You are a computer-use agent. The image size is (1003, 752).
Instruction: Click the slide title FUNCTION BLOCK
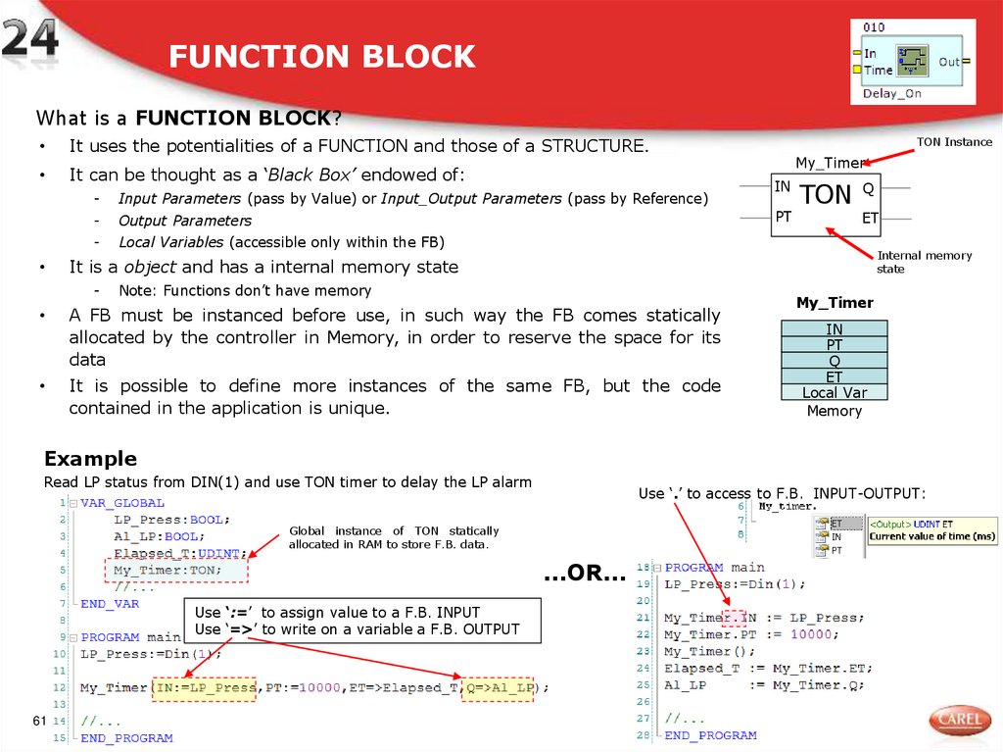321,57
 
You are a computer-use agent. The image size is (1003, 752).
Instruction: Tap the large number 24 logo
29,41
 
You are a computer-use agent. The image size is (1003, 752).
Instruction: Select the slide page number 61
40,722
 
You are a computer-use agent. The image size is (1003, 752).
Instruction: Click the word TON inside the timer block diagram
826,194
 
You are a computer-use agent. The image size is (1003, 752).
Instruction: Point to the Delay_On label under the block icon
891,94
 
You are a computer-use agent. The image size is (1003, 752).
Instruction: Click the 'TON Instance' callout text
954,142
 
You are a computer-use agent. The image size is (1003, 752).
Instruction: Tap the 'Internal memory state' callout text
924,262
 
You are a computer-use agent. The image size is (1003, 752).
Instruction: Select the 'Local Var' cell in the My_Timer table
834,392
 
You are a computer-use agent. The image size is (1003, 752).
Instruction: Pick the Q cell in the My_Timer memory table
834,361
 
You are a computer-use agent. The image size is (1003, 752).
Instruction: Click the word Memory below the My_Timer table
834,411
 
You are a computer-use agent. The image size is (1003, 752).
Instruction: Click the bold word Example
90,459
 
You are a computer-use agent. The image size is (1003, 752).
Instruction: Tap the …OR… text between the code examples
584,575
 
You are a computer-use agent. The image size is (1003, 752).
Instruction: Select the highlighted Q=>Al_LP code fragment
499,687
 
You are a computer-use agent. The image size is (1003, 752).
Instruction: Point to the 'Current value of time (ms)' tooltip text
931,536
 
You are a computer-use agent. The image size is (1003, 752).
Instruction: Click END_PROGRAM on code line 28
710,734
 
